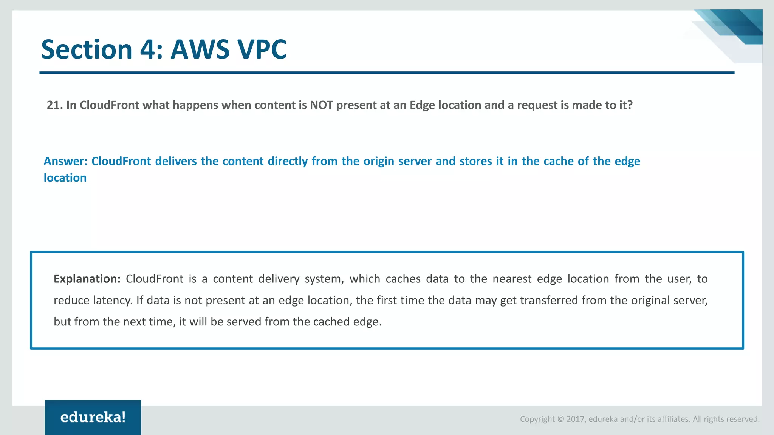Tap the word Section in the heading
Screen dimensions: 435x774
(x=86, y=49)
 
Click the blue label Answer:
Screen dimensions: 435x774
(x=65, y=161)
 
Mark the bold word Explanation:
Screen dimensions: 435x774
(x=87, y=279)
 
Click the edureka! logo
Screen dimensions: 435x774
(x=93, y=417)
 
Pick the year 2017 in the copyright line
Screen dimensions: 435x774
(x=575, y=419)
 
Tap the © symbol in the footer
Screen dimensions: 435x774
(x=560, y=419)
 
